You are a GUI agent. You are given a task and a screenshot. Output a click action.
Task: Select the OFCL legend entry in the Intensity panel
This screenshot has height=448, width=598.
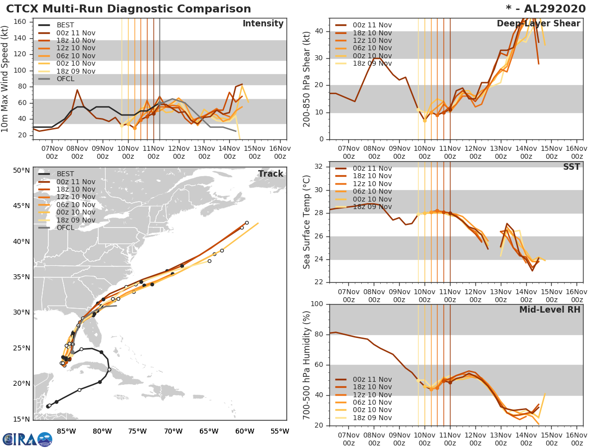click(x=65, y=79)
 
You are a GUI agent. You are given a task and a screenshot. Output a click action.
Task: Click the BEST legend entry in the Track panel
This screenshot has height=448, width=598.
click(x=65, y=174)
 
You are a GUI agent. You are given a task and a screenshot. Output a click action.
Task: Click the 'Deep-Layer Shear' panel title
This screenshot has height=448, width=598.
click(x=538, y=24)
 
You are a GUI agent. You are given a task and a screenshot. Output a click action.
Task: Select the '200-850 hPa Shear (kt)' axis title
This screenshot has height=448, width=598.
click(x=307, y=79)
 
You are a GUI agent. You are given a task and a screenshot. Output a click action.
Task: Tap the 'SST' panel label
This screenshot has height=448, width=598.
click(x=571, y=167)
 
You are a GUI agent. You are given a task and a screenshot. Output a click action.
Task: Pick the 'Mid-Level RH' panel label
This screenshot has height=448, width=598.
click(x=550, y=310)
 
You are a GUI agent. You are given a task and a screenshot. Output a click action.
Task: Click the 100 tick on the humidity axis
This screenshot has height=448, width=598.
click(x=317, y=304)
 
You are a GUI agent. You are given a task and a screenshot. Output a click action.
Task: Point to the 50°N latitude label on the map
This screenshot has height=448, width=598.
click(x=21, y=170)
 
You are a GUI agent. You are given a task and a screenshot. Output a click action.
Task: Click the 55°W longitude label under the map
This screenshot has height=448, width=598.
click(x=280, y=431)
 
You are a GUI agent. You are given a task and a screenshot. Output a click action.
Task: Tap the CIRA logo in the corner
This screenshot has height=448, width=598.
click(x=27, y=439)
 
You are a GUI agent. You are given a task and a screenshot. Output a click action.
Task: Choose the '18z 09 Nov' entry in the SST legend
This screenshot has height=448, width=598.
click(x=372, y=207)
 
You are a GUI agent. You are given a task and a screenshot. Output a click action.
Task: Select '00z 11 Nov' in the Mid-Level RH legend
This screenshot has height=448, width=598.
click(x=372, y=379)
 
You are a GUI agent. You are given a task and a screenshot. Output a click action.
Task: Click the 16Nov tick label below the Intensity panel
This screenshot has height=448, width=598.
click(x=280, y=152)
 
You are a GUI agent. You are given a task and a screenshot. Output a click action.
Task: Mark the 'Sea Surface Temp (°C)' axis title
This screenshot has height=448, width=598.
click(x=307, y=222)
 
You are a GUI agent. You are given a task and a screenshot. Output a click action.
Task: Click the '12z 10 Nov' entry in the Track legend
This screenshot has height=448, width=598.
click(x=76, y=197)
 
